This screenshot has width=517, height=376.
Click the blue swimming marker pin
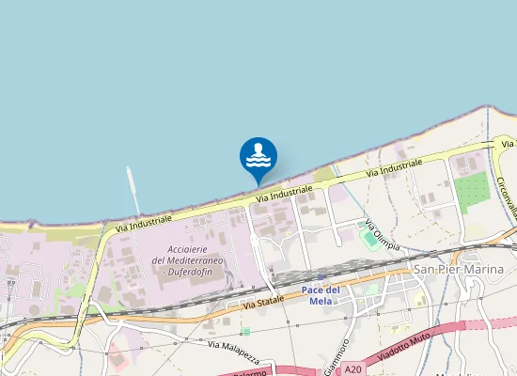click(x=258, y=156)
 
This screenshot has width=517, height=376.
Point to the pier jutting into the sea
click(x=133, y=191)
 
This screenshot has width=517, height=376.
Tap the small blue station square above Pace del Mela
click(x=321, y=276)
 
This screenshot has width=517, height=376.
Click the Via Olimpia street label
click(x=383, y=236)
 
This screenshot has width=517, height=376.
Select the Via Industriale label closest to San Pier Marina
click(x=394, y=168)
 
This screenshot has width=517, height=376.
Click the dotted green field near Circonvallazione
click(x=472, y=192)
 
